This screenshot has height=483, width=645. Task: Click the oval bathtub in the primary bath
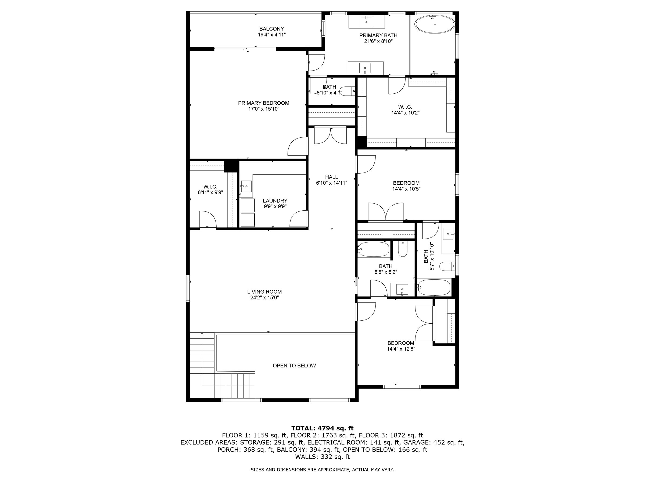[x=435, y=24]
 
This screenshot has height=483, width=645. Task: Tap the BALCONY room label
[x=271, y=29]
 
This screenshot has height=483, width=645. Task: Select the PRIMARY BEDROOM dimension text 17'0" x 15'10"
[x=264, y=109]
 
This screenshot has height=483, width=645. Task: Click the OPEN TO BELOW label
[x=294, y=366]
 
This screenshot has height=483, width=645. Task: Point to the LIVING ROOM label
[x=264, y=292]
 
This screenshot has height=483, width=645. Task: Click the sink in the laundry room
[x=246, y=186]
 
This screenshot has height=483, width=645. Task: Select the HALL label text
[x=332, y=177]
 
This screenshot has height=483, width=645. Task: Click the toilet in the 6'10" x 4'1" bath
[x=348, y=91]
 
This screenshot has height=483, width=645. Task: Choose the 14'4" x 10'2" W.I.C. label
[x=405, y=110]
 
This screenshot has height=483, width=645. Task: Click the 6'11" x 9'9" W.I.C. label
[x=210, y=189]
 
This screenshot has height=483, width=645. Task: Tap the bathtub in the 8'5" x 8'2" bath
[x=374, y=249]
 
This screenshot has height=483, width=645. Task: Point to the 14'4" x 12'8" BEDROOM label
[x=401, y=346]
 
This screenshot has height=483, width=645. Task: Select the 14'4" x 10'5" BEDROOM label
[x=406, y=186]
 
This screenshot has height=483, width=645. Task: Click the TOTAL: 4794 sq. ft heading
[x=322, y=428]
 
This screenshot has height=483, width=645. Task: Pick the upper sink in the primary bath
[x=366, y=21]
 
